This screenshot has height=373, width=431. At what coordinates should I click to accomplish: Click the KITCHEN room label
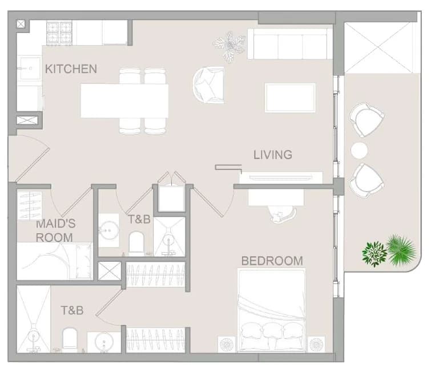pos(71,68)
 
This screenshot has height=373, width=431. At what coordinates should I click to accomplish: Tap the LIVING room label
pos(273,155)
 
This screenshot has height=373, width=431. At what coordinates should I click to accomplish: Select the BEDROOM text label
pos(272,261)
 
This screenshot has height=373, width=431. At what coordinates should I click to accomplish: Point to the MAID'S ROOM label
pos(55,230)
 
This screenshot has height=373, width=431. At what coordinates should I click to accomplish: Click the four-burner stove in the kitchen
pos(59,33)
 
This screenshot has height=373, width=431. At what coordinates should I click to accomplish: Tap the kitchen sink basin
pos(30,68)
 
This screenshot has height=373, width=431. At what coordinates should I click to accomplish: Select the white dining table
pos(124,101)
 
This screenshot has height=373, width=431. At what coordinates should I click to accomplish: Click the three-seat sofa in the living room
pos(290,44)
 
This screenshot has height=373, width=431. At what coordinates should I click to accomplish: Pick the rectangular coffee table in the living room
pos(290,98)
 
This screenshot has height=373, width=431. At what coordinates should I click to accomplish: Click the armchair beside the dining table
pos(208,84)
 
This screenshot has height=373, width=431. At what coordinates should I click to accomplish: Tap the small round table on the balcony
pos(359,150)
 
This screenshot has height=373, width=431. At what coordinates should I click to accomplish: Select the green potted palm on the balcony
pos(401,250)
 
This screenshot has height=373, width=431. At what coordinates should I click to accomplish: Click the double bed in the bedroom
pos(271,310)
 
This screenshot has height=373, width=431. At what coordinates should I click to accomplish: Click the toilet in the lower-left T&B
pos(70,338)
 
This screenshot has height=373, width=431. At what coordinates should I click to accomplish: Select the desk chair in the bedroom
pos(283,214)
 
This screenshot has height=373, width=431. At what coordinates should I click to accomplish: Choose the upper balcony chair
pos(366,119)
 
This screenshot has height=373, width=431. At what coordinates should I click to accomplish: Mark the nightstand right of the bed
pos(316,344)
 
